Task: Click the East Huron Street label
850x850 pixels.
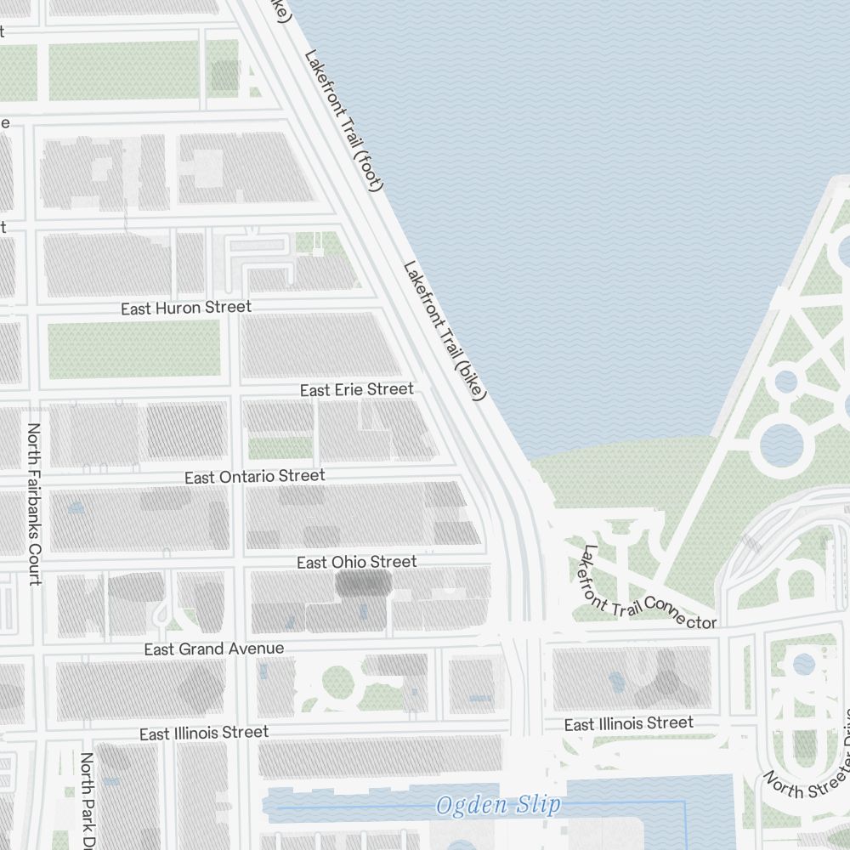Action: tap(186, 308)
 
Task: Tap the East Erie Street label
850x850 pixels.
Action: tap(357, 389)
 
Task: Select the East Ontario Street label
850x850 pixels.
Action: tap(255, 477)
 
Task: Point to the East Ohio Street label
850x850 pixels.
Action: tap(357, 563)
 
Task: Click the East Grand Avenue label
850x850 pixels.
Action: tap(214, 649)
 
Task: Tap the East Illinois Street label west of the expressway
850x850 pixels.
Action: tap(204, 733)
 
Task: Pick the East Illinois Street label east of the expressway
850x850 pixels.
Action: tap(629, 724)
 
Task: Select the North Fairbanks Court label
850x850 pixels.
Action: tap(35, 504)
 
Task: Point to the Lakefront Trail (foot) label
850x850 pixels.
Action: tap(344, 120)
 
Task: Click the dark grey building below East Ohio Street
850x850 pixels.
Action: tap(363, 584)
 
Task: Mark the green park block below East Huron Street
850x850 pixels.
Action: tap(133, 350)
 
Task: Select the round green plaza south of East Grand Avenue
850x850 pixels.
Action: tap(338, 683)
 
